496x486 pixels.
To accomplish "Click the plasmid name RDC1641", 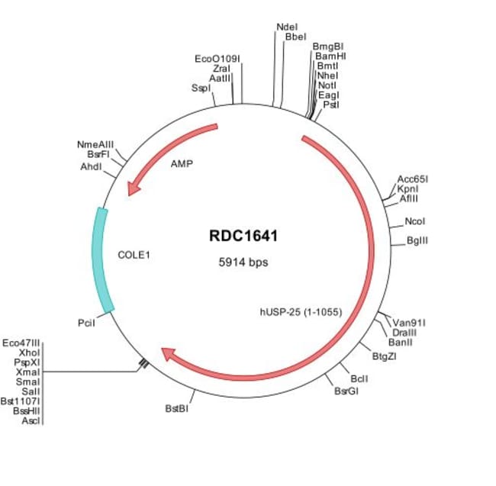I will (243, 236).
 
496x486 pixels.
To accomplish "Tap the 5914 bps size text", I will (243, 261).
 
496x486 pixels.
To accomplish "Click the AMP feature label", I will (182, 163).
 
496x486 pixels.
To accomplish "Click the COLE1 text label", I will (134, 255).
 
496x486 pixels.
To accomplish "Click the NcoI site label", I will (416, 222).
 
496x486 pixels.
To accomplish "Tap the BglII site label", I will (417, 241).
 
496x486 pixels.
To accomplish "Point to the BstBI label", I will (176, 409).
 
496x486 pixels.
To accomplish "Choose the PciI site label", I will (85, 323).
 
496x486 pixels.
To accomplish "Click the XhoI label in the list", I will (28, 354).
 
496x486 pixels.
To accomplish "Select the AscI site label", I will (31, 420).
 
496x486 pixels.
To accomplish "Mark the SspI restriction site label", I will (201, 89).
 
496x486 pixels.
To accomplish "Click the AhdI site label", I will (91, 166).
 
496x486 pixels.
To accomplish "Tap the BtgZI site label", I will (384, 356).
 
